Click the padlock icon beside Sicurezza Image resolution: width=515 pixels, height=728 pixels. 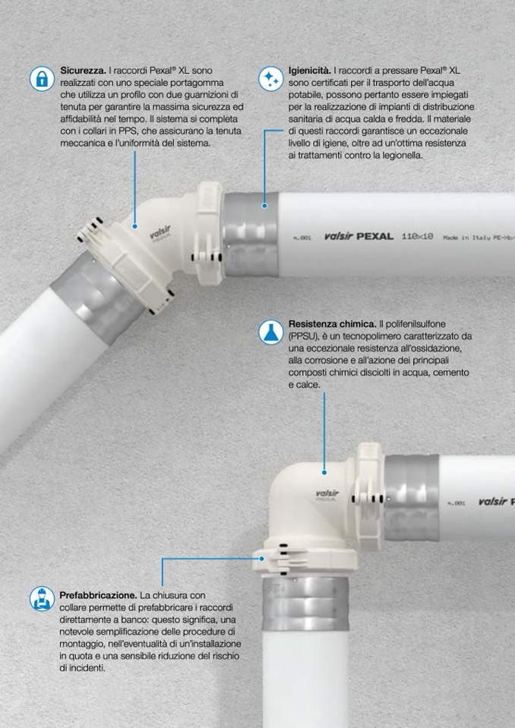(43, 78)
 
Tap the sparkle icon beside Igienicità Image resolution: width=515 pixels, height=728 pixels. (270, 78)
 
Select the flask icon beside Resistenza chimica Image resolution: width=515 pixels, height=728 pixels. (270, 332)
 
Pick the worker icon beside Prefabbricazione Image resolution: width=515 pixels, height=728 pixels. (43, 598)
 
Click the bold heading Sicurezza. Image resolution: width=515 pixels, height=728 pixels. (83, 71)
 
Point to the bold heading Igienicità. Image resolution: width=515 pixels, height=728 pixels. (310, 71)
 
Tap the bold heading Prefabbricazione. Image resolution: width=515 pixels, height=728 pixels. (98, 594)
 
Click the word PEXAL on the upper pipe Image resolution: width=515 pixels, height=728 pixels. (374, 236)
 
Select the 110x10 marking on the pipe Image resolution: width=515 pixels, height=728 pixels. (417, 236)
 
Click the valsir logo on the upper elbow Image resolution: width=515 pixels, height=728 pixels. (160, 232)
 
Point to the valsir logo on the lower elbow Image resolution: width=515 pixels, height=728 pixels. (327, 494)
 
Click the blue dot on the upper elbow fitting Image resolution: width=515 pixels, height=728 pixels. (134, 226)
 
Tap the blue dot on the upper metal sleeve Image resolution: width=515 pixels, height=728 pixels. (264, 205)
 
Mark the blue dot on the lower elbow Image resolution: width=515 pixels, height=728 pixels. (324, 472)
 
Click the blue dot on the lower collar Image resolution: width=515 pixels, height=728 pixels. (262, 559)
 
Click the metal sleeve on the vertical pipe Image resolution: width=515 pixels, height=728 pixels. (305, 603)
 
